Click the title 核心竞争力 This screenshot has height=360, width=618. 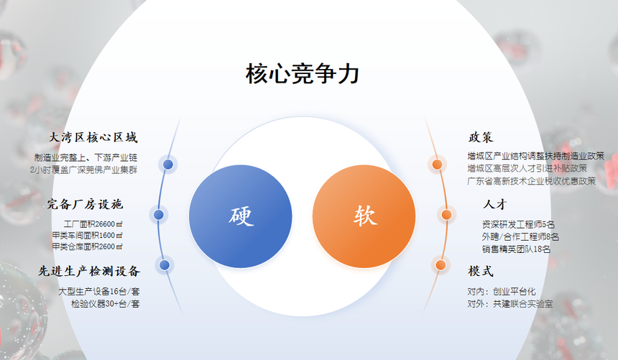pyautogui.click(x=303, y=74)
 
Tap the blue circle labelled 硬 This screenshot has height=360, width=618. pyautogui.click(x=241, y=216)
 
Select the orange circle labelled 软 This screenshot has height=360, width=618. pyautogui.click(x=364, y=216)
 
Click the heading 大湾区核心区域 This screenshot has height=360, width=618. pyautogui.click(x=93, y=137)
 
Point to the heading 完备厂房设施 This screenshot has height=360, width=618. pyautogui.click(x=85, y=204)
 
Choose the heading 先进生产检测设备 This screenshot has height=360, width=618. pyautogui.click(x=89, y=271)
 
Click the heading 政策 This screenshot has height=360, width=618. pyautogui.click(x=481, y=137)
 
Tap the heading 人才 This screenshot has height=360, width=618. pyautogui.click(x=494, y=204)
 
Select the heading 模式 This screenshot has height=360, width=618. pyautogui.click(x=481, y=271)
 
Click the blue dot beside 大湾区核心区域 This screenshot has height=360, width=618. pyautogui.click(x=168, y=165)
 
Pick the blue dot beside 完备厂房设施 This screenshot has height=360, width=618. pyautogui.click(x=158, y=215)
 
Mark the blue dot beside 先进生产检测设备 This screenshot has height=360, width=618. pyautogui.click(x=165, y=264)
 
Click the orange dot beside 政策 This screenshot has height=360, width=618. pyautogui.click(x=437, y=165)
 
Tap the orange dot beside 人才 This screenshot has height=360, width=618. pyautogui.click(x=446, y=215)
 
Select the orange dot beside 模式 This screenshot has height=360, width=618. pyautogui.click(x=441, y=264)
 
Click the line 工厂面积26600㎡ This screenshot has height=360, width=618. pyautogui.click(x=93, y=224)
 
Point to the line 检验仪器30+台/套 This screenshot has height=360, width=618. pyautogui.click(x=105, y=304)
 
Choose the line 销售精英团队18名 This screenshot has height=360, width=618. pyautogui.click(x=516, y=249)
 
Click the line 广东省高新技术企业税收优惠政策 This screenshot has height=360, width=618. pyautogui.click(x=532, y=181)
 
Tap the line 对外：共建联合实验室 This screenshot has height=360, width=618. pyautogui.click(x=510, y=304)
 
